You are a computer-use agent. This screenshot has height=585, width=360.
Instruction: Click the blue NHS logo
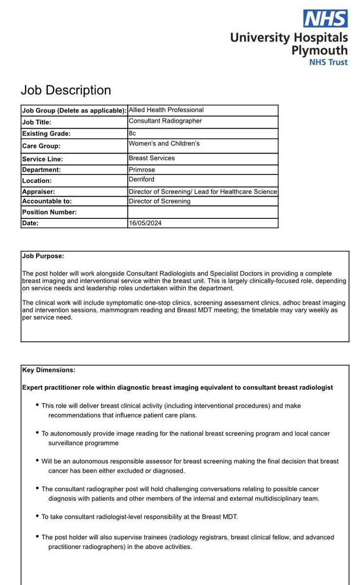point(325,19)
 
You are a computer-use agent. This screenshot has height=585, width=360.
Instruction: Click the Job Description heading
point(66,90)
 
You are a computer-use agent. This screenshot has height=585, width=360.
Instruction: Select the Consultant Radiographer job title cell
point(165,121)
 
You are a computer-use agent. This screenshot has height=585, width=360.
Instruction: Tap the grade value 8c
point(133,133)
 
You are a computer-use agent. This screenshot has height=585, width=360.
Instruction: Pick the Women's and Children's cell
point(164,144)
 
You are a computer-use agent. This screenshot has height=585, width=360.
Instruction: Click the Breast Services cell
point(152,158)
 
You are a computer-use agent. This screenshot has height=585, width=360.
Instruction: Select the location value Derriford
point(142,180)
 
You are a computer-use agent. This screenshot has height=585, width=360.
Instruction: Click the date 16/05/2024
point(145,223)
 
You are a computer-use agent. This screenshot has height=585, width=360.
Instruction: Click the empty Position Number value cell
point(202,212)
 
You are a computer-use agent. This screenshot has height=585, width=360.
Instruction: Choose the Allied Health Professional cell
point(166,110)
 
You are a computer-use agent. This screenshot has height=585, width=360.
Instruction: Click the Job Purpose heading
point(43,256)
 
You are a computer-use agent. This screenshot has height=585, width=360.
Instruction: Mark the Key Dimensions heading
point(49,370)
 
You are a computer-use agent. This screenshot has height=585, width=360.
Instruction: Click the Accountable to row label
point(47,201)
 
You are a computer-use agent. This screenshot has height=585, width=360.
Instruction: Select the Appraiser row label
point(38,192)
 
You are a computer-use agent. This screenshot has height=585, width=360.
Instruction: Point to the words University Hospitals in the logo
point(289,38)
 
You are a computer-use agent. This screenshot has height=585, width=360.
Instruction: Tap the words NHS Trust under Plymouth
point(329,62)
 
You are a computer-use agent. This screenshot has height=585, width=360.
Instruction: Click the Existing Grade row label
point(46,133)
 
